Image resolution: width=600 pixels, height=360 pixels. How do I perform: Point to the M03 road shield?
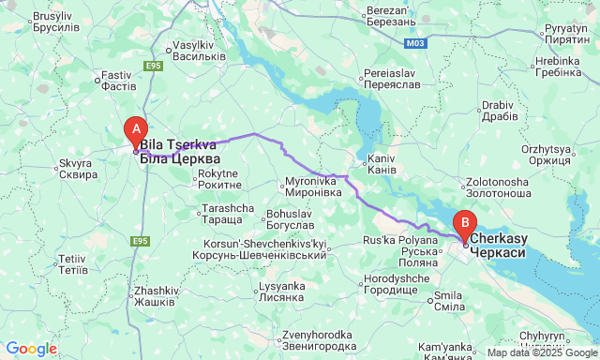(415, 43)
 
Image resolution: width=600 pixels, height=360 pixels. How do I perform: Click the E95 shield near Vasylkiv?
(153, 66)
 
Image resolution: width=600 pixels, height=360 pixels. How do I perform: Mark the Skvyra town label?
(78, 169)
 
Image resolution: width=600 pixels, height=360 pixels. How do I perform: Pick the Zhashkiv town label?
(155, 295)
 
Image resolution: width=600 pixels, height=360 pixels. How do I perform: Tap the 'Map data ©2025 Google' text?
(541, 353)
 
